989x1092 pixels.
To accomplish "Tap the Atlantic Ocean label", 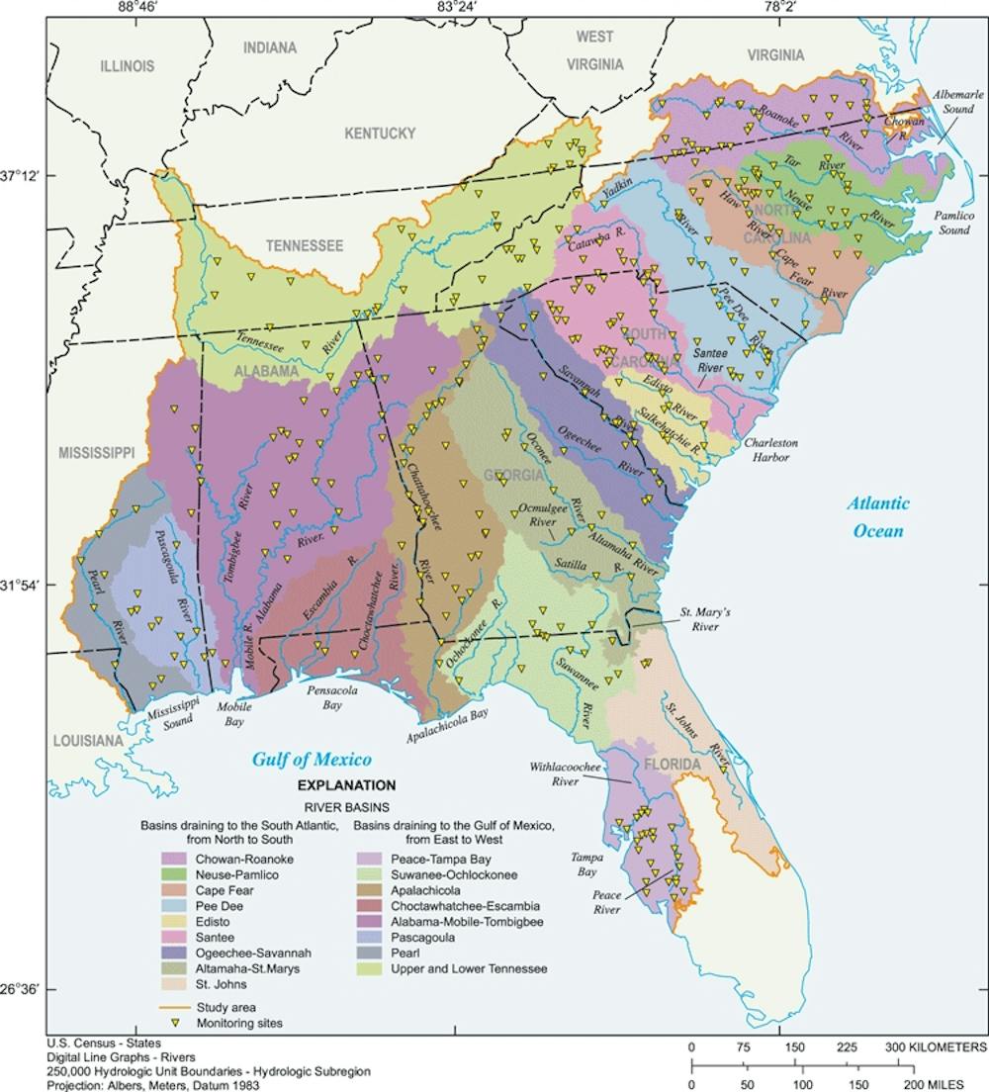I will (878, 517).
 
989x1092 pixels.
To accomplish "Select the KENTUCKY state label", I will (379, 133).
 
